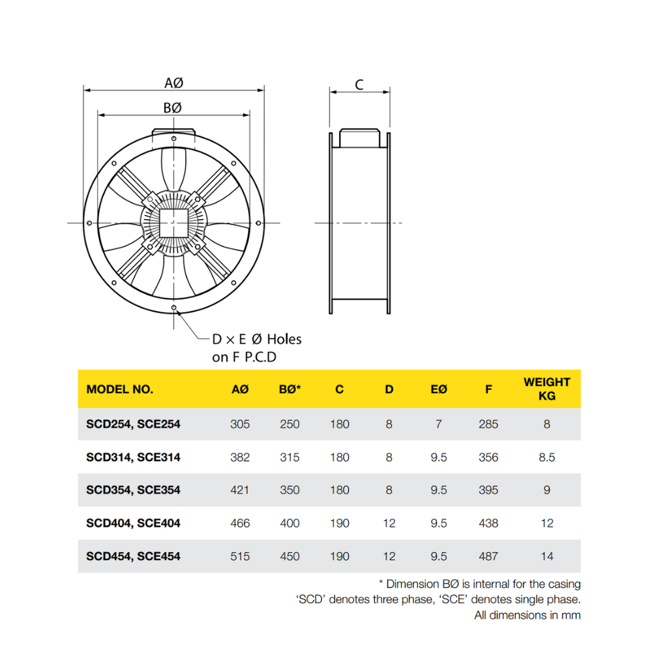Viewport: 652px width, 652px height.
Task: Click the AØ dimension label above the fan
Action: [x=173, y=83]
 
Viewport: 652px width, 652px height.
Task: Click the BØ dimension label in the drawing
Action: [x=172, y=108]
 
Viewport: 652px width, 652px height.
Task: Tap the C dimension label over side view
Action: [x=359, y=84]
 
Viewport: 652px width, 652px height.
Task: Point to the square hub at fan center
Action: [x=173, y=222]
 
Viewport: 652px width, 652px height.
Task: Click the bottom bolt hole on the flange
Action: [x=173, y=307]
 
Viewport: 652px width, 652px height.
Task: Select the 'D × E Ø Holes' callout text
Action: [x=257, y=339]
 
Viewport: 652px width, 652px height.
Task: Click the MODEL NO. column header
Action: [x=120, y=389]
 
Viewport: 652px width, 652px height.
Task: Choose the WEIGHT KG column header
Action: [x=546, y=389]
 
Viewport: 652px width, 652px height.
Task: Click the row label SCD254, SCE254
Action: [x=133, y=424]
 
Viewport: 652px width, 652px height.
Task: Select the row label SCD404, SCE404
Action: [x=133, y=523]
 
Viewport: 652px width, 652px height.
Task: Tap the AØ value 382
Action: [x=240, y=457]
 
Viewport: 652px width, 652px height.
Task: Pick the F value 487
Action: [x=488, y=556]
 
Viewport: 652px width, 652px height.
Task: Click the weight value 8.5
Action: [x=546, y=457]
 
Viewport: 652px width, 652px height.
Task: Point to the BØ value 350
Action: [x=289, y=490]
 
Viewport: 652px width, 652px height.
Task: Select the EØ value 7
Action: [x=439, y=424]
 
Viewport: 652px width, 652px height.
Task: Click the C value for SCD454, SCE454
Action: [x=340, y=556]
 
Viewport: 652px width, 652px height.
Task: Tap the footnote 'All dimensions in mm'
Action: [x=527, y=615]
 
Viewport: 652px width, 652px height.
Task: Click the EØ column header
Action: [x=439, y=389]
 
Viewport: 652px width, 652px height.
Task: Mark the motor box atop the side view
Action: [x=359, y=138]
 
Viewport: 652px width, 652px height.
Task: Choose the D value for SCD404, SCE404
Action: [x=389, y=523]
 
